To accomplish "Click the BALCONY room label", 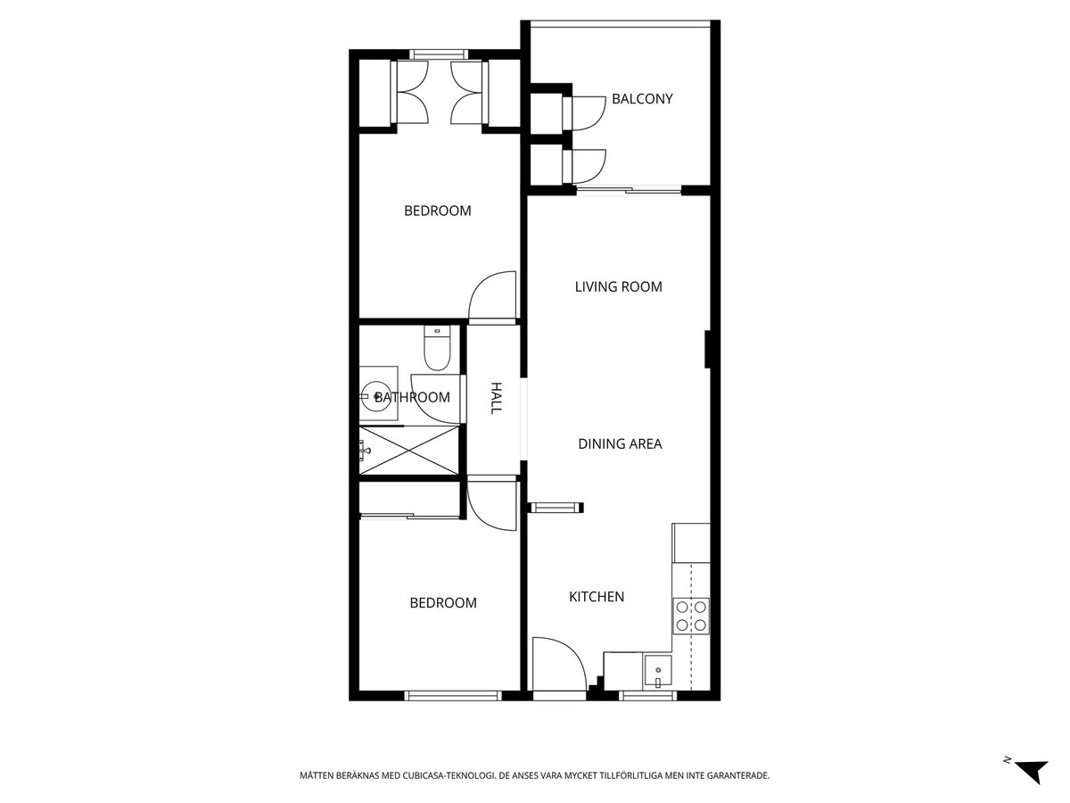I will coord(642,99).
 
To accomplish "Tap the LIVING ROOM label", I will coord(618,287).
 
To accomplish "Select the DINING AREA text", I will coord(620,443).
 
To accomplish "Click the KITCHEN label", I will coord(597,597).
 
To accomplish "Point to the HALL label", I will coord(496,398).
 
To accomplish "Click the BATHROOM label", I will coord(412,397).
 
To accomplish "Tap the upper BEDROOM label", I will coord(437,211).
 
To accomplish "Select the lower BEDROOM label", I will coord(442,603).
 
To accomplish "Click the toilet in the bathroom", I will coord(437,350).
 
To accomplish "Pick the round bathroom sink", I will coord(375,393).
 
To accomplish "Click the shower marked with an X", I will coord(408,449).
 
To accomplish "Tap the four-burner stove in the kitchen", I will coord(691,616).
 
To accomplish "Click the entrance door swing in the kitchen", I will coord(557,664).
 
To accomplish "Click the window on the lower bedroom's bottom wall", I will coord(453,695).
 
